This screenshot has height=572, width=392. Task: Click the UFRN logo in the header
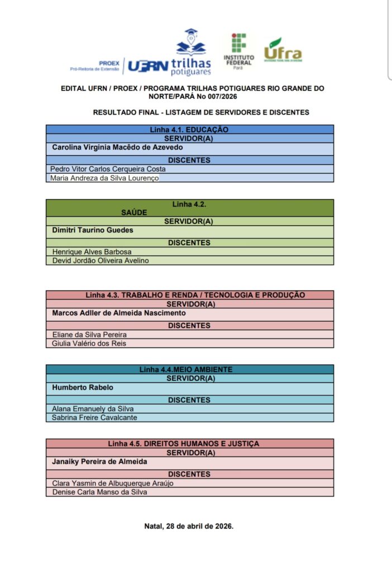point(148,66)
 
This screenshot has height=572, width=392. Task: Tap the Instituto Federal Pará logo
point(238,50)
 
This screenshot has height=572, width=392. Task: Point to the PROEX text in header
point(108,63)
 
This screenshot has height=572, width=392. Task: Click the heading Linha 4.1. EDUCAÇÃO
point(189,130)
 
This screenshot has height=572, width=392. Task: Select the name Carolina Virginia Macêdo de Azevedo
point(117,147)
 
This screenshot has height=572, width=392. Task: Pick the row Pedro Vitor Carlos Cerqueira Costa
point(108,169)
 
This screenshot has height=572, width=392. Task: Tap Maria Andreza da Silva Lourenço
point(104,178)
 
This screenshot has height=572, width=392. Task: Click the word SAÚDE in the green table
point(133,213)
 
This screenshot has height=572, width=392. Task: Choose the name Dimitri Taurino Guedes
point(93,230)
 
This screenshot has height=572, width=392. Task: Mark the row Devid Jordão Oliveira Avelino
point(101,260)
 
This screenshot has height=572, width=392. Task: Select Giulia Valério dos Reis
point(89,344)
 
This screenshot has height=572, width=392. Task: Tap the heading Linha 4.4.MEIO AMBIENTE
point(186,369)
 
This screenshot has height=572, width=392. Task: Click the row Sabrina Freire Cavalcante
point(94,417)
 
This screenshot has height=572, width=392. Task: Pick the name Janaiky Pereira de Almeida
point(100,461)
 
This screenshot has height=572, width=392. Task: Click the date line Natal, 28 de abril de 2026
point(189,526)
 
